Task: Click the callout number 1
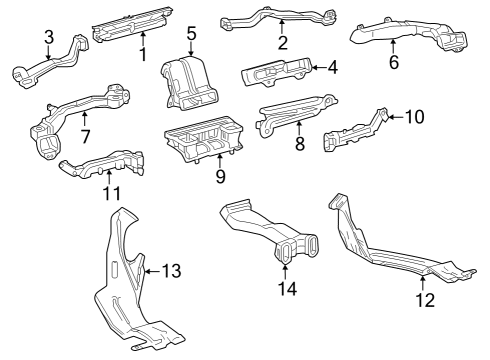[143, 54]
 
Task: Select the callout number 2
[283, 42]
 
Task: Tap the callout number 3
[48, 37]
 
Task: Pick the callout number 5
[191, 34]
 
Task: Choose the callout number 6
[393, 62]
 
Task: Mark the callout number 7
[85, 135]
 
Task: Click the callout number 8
[299, 143]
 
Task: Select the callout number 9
[220, 177]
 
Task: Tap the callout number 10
[414, 117]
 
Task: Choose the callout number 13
[171, 270]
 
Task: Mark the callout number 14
[288, 290]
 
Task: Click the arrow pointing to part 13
[149, 270]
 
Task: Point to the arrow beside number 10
[394, 117]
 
